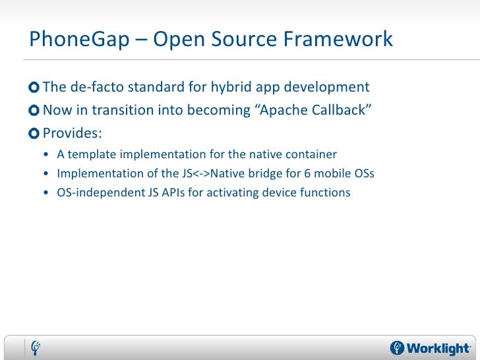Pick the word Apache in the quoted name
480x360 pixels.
pos(285,110)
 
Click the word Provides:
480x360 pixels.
pos(73,133)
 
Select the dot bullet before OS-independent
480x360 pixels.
pos(44,194)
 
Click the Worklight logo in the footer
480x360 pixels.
pos(430,347)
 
